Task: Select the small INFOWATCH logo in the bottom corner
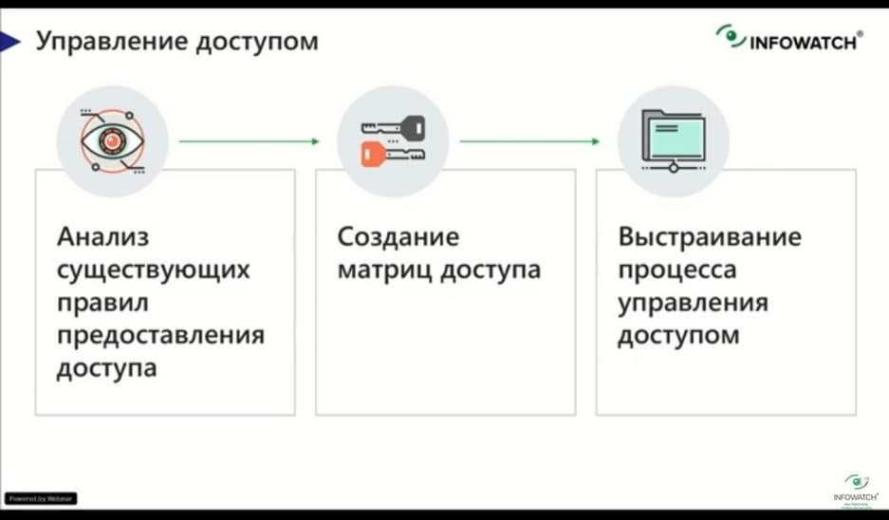point(857,487)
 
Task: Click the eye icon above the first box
point(112,141)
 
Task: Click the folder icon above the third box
point(673,139)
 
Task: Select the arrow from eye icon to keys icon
point(250,142)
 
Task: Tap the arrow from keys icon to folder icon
point(530,142)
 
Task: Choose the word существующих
point(152,269)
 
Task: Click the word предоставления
point(159,336)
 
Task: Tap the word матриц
point(380,269)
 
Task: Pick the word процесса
point(676,269)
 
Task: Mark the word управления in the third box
point(693,303)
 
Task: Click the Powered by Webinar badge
point(41,498)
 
